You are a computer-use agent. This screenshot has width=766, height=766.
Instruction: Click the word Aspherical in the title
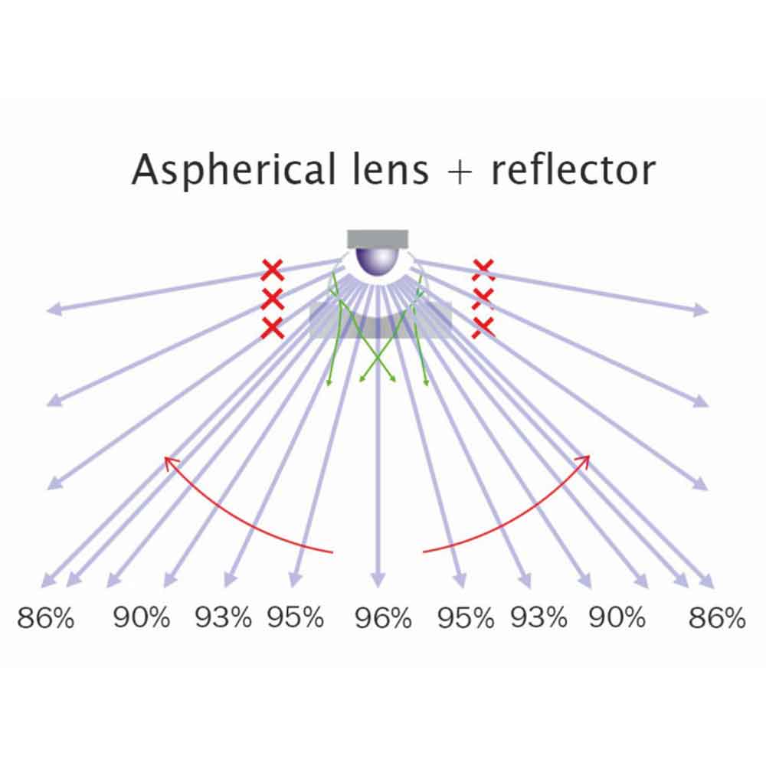point(234,171)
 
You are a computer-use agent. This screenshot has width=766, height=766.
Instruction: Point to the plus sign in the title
point(459,172)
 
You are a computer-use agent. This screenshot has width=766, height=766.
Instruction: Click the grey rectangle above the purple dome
point(377,239)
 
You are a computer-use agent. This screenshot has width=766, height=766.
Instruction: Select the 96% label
point(383,617)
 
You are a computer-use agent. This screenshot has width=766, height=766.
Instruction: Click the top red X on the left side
point(272,270)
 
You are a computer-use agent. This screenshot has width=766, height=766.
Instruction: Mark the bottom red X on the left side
point(273,328)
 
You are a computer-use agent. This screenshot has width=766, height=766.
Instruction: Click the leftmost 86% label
point(45,617)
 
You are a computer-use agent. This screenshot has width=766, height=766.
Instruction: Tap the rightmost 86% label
point(717,617)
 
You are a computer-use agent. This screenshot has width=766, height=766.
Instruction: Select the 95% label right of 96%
point(465,617)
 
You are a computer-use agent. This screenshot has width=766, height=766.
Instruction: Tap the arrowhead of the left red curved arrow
point(165,458)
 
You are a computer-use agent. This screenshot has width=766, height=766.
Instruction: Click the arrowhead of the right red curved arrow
point(588,457)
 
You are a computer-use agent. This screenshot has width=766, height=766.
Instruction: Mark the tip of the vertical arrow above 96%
point(377,586)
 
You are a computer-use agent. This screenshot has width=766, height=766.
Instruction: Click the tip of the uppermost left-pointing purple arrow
point(47,310)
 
